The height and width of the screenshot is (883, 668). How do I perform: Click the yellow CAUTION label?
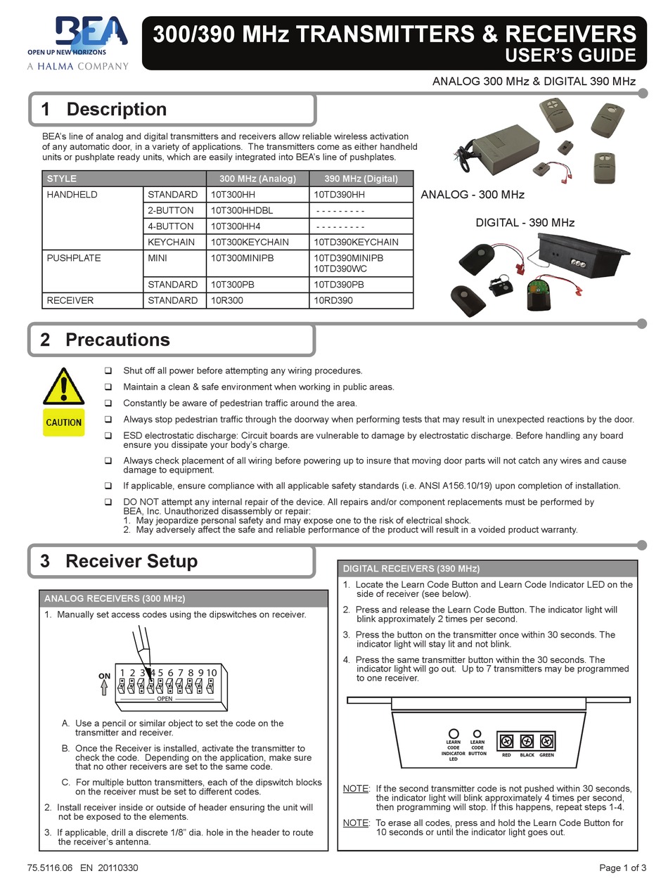[x=63, y=423]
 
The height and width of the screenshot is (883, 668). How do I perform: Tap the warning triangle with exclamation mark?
[x=63, y=386]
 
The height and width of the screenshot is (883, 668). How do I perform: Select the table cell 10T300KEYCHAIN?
[x=250, y=242]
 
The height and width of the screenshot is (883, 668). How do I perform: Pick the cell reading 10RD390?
[x=333, y=300]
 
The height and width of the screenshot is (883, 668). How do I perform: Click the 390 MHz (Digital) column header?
[x=361, y=179]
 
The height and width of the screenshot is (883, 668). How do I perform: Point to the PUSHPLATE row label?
[x=74, y=258]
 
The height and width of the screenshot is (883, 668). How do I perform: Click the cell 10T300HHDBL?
[x=242, y=210]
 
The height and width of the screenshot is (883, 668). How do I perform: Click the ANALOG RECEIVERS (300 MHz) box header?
[x=115, y=599]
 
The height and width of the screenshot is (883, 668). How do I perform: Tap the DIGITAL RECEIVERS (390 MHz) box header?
[x=411, y=569]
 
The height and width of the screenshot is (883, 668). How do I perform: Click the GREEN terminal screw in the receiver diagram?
[x=546, y=741]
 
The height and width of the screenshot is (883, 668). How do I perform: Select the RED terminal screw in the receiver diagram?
[x=506, y=741]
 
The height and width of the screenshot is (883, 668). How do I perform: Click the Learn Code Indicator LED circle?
[x=454, y=733]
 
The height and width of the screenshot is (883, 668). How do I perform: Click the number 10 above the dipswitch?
[x=211, y=673]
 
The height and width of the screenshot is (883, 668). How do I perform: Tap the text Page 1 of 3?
[x=622, y=868]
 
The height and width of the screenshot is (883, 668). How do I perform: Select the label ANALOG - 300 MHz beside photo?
[x=472, y=195]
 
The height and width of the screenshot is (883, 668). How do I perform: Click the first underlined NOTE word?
[x=355, y=789]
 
